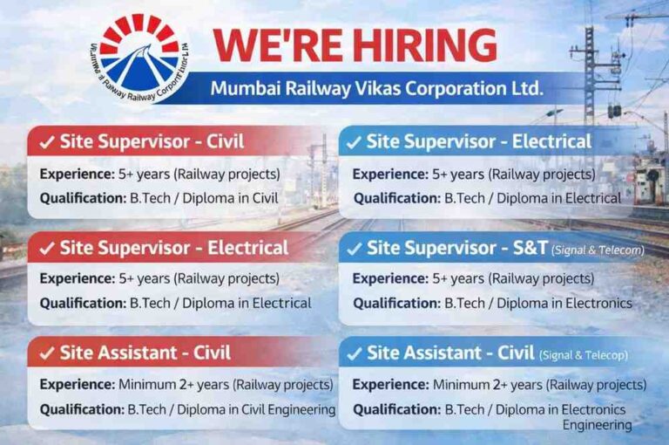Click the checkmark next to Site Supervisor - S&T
354,249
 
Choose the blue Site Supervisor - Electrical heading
478,141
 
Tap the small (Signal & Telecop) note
583,355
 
